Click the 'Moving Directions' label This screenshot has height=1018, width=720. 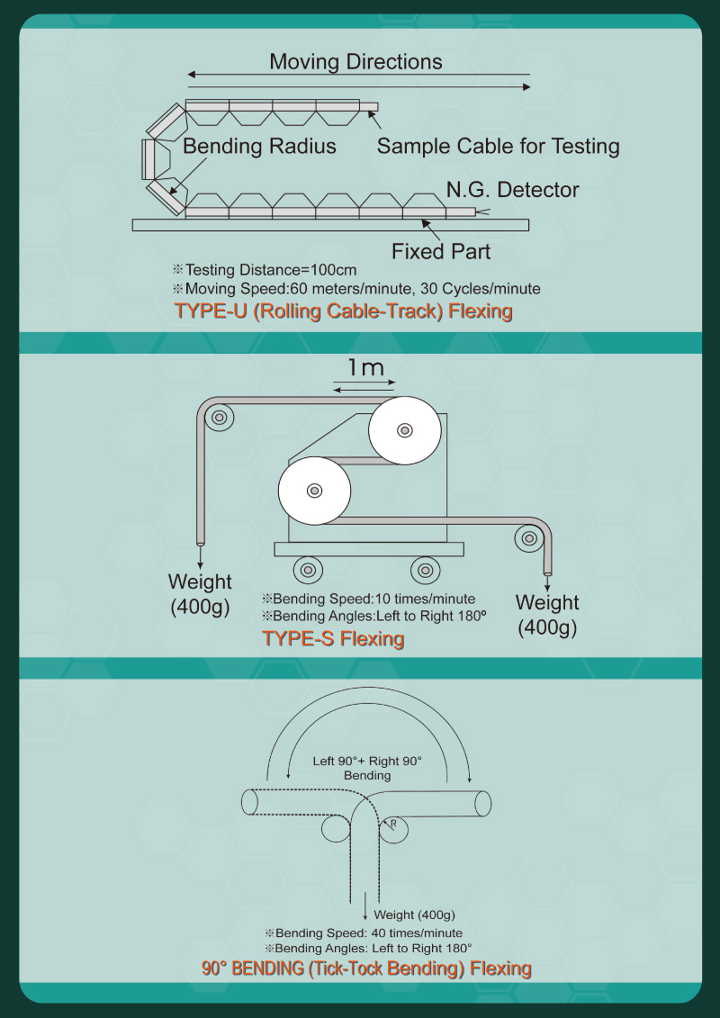click(x=355, y=62)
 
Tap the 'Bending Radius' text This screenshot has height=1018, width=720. click(x=259, y=146)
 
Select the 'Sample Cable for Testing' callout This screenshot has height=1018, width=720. click(x=498, y=146)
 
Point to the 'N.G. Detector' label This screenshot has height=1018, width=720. click(x=512, y=190)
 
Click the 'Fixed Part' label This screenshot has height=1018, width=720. click(x=441, y=251)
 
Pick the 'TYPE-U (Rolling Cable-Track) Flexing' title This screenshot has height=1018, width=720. click(x=344, y=311)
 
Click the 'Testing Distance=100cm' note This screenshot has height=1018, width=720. click(x=265, y=270)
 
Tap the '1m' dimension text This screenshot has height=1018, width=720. click(x=365, y=368)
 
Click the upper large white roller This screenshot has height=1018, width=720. click(x=405, y=430)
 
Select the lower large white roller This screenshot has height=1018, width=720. click(x=315, y=491)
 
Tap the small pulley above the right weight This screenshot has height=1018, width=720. click(x=527, y=537)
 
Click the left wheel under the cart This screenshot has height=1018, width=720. click(x=308, y=570)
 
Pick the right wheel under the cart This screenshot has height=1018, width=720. click(x=425, y=570)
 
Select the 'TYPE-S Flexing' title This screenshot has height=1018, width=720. click(x=333, y=639)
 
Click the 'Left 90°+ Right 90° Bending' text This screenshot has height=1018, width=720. click(x=367, y=768)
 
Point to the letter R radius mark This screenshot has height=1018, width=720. click(x=392, y=824)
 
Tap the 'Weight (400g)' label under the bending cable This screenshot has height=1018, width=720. click(x=414, y=914)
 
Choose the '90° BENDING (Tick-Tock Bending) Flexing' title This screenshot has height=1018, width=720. click(x=366, y=969)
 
